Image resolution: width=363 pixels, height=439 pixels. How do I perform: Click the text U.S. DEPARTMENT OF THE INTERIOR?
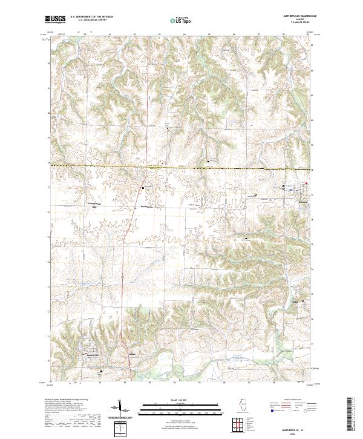(x=91, y=17)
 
